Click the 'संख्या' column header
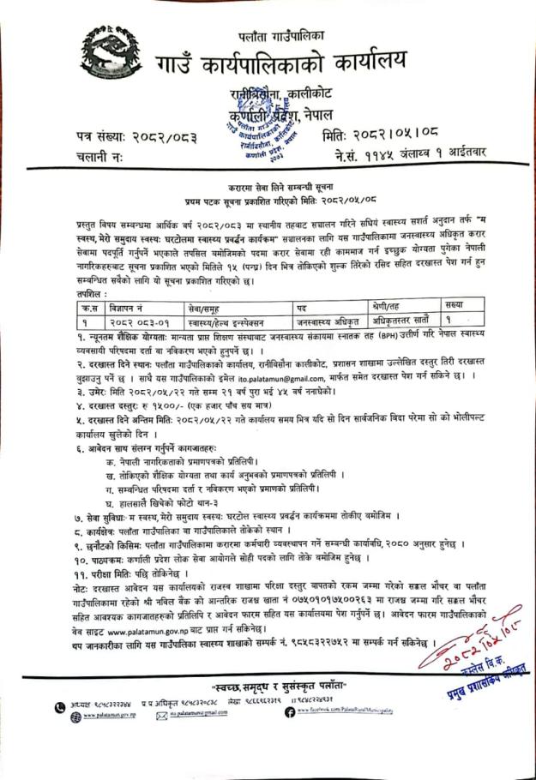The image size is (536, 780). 457,305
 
